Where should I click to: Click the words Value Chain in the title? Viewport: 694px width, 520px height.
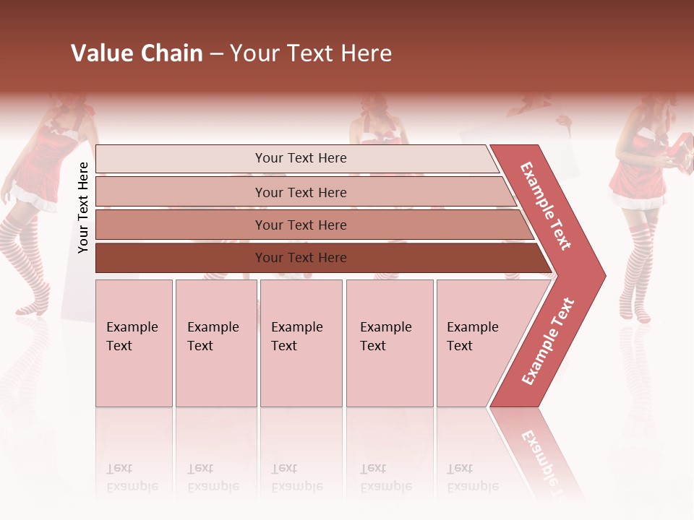pos(137,53)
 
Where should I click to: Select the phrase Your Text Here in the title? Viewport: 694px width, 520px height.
pos(311,53)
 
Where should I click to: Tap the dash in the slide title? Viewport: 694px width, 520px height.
pos(216,54)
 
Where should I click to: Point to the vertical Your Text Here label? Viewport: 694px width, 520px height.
pos(83,207)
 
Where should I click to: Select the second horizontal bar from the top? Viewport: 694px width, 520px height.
pos(300,192)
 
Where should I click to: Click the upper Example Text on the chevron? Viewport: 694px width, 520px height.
pos(546,206)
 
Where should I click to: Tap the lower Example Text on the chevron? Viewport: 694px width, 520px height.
pos(547,342)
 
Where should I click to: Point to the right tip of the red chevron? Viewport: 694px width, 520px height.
pos(604,275)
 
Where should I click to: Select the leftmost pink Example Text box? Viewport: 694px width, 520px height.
pos(134,343)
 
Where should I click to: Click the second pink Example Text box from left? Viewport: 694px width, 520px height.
pos(215,343)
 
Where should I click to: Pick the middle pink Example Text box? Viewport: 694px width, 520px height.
pos(301,343)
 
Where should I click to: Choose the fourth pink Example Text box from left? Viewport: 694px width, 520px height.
pos(390,343)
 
